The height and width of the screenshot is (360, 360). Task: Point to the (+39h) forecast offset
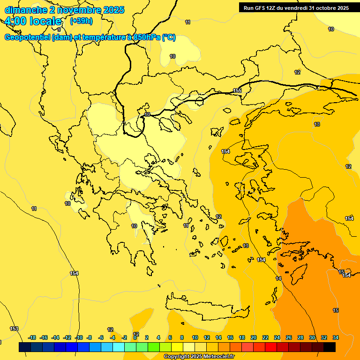(81, 21)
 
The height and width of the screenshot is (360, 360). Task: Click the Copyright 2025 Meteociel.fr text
(199, 357)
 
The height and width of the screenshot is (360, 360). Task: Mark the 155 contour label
(237, 90)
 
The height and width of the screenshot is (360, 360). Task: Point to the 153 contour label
(14, 329)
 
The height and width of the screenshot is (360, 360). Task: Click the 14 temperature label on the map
(278, 278)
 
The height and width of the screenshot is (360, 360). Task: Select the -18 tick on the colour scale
(32, 337)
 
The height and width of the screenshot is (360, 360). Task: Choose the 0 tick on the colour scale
(135, 337)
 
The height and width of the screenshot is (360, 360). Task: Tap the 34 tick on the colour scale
(336, 337)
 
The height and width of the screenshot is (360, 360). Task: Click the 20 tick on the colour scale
(254, 337)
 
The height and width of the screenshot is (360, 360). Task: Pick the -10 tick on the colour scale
(79, 337)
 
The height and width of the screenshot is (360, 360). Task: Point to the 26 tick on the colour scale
(289, 337)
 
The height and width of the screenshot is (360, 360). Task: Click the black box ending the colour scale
(330, 347)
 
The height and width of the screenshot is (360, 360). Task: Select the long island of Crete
(206, 307)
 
